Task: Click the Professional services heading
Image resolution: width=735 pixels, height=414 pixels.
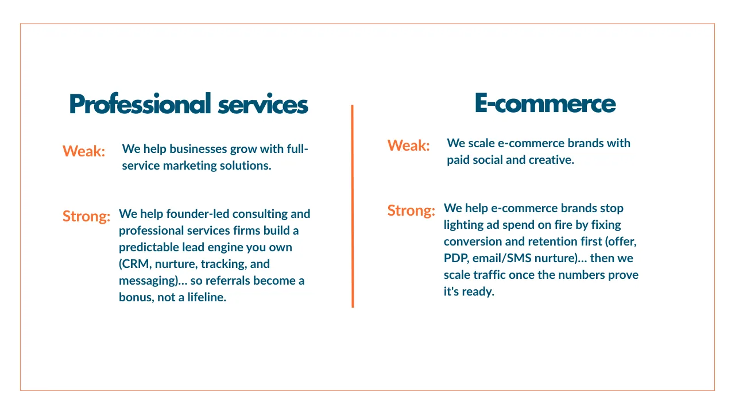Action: [x=188, y=104]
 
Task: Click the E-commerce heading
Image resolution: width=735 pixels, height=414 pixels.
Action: [x=545, y=103]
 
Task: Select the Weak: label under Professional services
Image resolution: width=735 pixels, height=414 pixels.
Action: [x=84, y=151]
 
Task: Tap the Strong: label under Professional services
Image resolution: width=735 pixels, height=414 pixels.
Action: [x=86, y=217]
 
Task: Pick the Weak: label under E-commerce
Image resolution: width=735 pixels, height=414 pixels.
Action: [x=408, y=145]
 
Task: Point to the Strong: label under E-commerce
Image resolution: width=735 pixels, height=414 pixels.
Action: [x=411, y=210]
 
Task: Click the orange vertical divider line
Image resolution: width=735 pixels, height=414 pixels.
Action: [x=353, y=206]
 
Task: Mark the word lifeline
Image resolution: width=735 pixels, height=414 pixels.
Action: [x=207, y=297]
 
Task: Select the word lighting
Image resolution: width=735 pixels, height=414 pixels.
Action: [x=463, y=225]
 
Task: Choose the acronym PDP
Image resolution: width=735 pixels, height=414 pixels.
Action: [x=456, y=258]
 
